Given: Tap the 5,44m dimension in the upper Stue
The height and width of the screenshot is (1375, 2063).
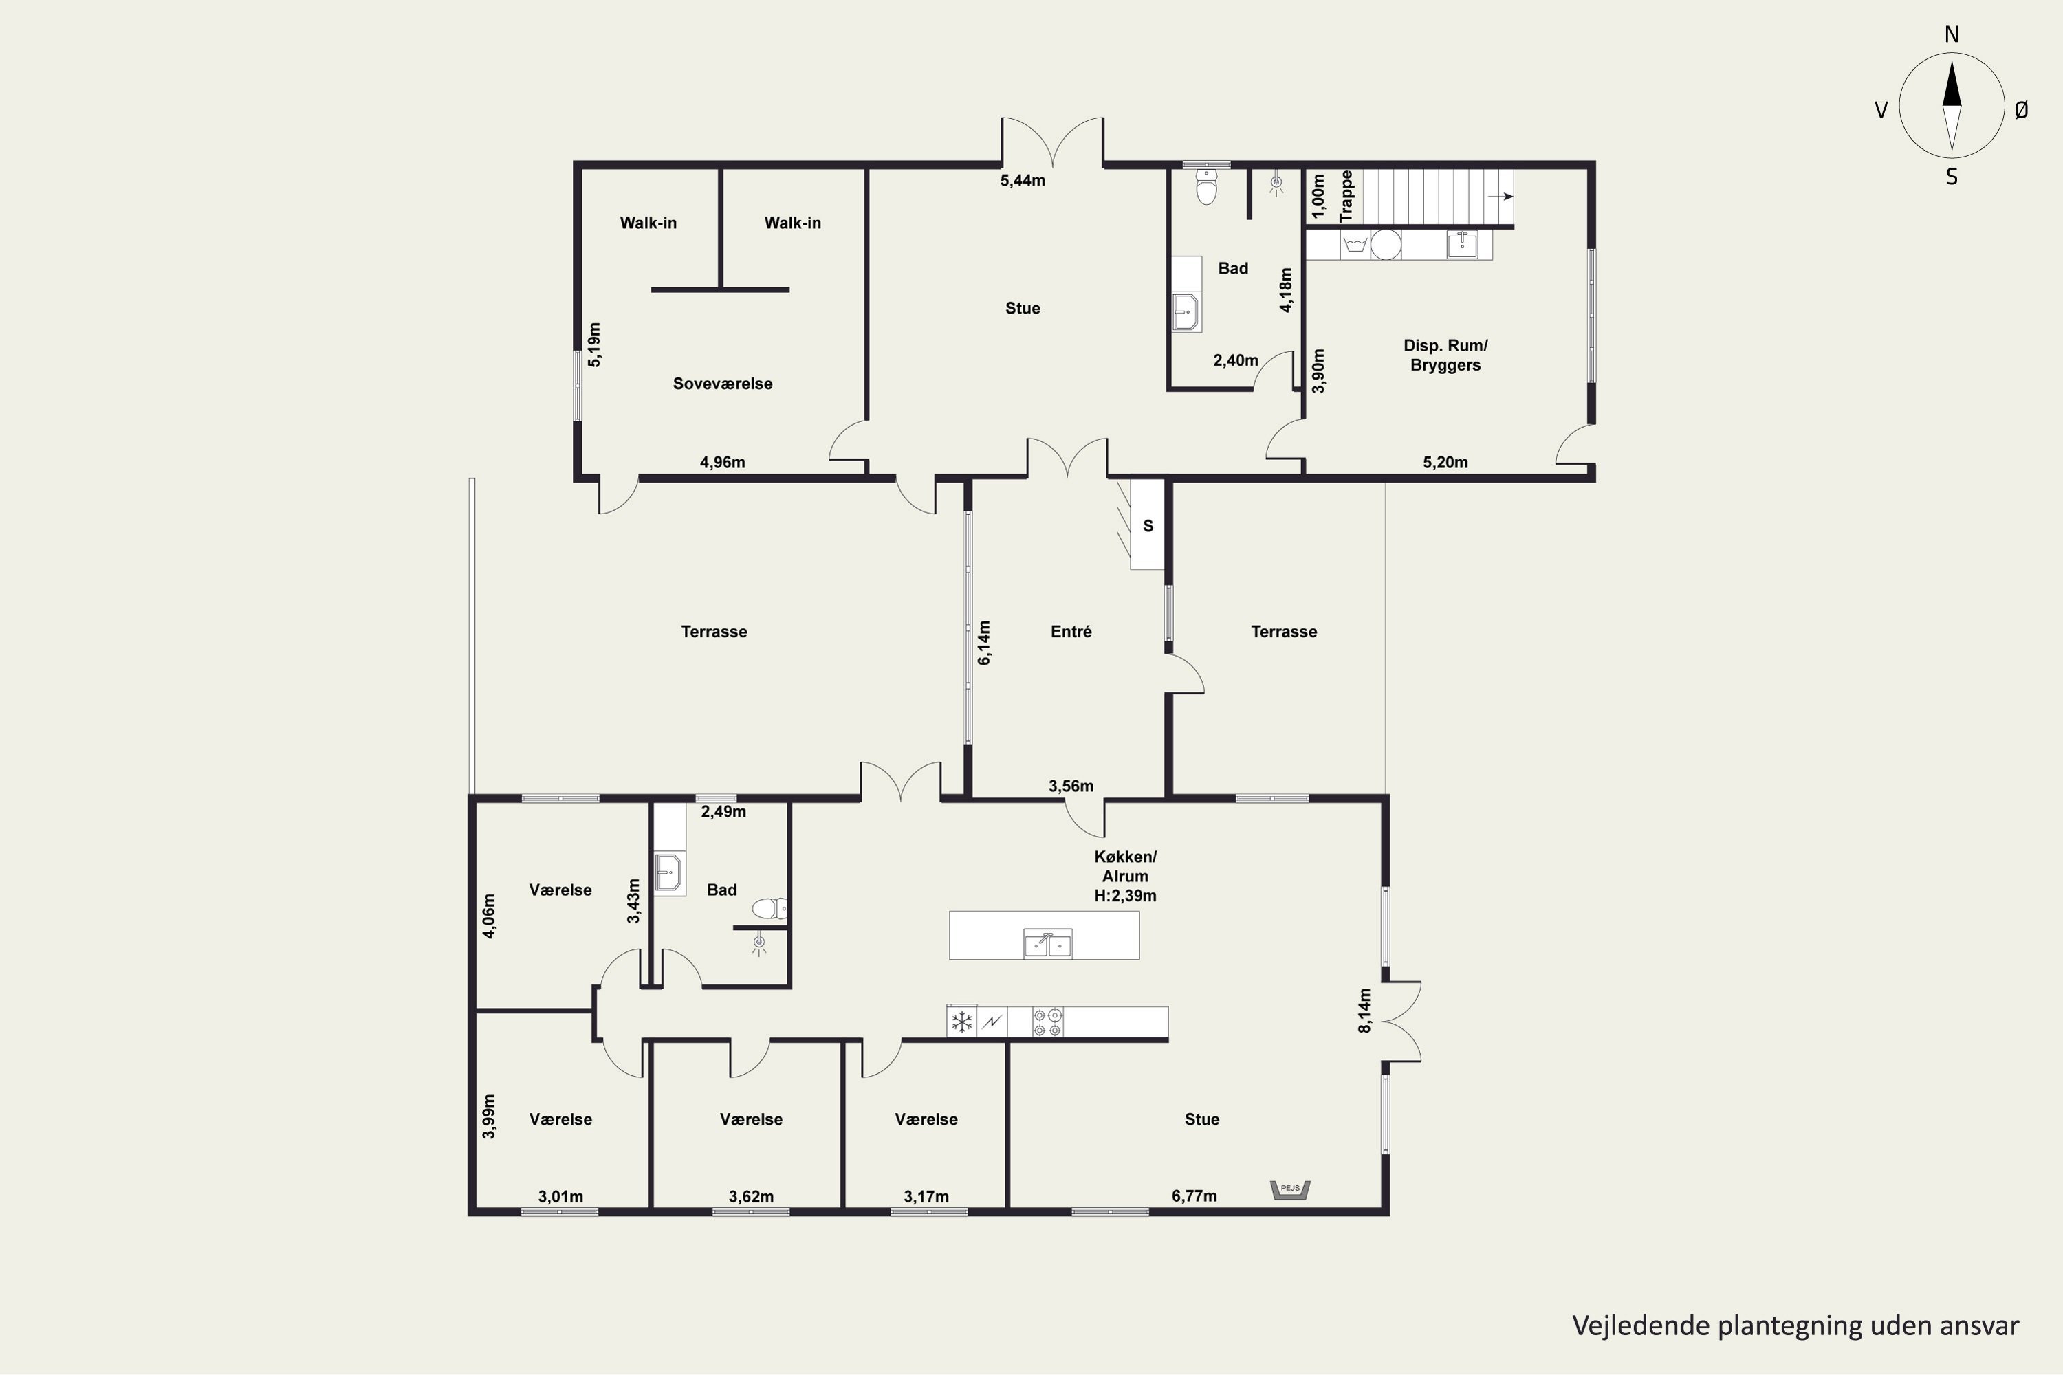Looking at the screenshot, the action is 1023,181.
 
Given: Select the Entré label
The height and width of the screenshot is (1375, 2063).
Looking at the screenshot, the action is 1071,631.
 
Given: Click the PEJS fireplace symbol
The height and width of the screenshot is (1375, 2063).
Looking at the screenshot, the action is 1290,1190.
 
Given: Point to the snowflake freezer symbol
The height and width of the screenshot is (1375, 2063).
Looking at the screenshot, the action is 962,1022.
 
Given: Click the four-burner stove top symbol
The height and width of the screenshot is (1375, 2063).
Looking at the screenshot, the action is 1047,1022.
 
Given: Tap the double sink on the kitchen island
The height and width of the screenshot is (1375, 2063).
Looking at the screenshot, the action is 1047,943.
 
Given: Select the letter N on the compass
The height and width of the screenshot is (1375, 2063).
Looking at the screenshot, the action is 1952,34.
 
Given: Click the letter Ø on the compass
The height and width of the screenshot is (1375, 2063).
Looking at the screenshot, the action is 2022,109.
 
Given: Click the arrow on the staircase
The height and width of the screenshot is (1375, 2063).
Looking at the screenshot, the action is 1500,197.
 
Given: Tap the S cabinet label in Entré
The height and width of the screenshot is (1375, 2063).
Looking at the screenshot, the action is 1148,526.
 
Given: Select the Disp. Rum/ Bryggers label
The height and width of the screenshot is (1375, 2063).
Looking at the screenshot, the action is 1445,355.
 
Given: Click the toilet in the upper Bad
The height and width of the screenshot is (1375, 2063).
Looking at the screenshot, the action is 1207,186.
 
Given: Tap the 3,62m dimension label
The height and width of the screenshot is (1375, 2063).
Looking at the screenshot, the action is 751,1197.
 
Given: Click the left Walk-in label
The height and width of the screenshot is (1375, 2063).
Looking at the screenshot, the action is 648,223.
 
